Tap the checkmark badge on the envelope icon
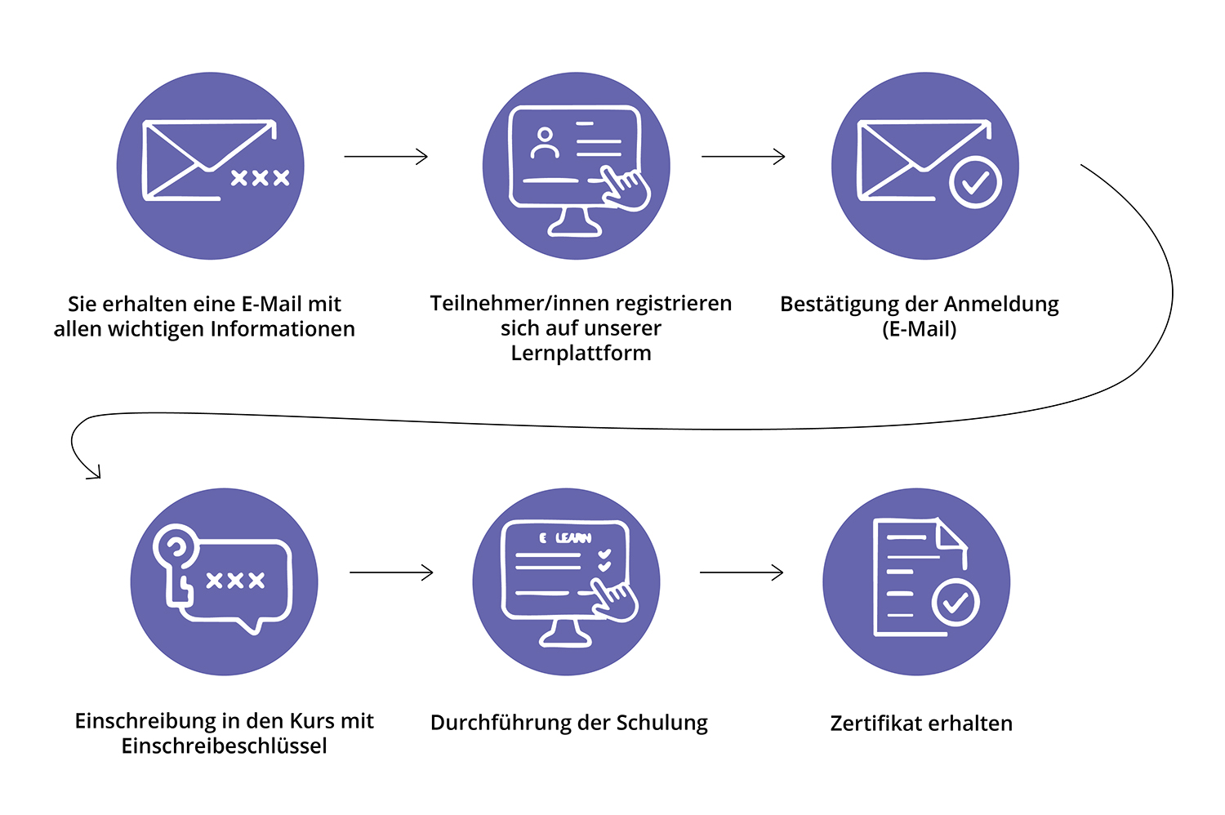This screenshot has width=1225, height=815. pyautogui.click(x=975, y=182)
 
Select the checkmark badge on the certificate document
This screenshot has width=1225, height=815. pyautogui.click(x=955, y=603)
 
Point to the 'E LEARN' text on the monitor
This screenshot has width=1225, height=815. pyautogui.click(x=565, y=538)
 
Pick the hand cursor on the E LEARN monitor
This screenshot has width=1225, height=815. pyautogui.click(x=614, y=600)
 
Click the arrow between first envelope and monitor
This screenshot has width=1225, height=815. pyautogui.click(x=385, y=156)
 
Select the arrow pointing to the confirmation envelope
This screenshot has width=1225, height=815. pyautogui.click(x=743, y=156)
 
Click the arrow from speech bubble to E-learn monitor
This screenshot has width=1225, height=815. pyautogui.click(x=391, y=573)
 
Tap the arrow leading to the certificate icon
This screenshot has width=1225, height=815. pyautogui.click(x=742, y=573)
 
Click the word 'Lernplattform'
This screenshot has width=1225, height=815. pyautogui.click(x=581, y=354)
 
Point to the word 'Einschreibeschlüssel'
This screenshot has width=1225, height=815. pyautogui.click(x=224, y=746)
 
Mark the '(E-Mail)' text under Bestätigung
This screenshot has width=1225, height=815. pyautogui.click(x=919, y=329)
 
